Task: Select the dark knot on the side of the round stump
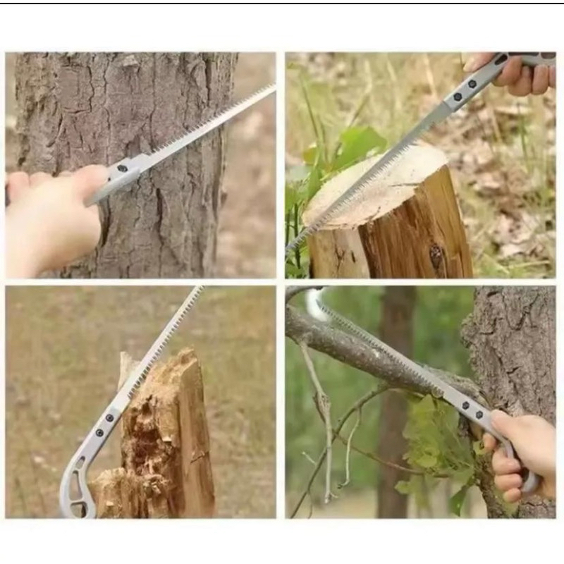[x=436, y=255]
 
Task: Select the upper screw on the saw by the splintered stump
[x=109, y=418]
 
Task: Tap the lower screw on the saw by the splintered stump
[x=99, y=433]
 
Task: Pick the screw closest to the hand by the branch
[x=479, y=415]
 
